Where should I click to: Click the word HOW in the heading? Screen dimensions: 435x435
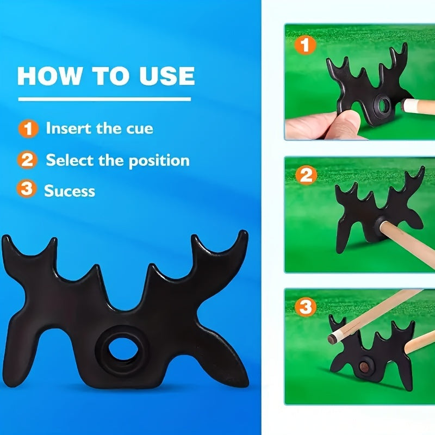coord(49,76)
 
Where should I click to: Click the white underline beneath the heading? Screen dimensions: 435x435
coord(104,99)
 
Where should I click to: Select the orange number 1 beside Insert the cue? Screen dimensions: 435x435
coord(28,128)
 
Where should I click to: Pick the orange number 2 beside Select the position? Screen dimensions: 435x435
coord(27,160)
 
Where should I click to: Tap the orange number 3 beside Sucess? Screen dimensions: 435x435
coord(26,188)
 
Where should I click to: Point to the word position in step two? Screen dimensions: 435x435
coord(159,161)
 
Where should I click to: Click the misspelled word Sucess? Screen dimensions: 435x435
coord(70,191)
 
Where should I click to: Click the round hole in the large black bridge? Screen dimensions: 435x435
coord(123,349)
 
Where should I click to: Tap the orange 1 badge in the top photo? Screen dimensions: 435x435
coord(305,45)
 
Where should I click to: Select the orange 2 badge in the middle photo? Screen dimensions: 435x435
coord(306,175)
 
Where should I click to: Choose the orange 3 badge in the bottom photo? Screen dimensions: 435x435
coord(306,307)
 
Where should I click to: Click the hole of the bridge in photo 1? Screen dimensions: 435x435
coord(383,105)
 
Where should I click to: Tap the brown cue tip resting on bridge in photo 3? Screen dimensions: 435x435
coord(332,339)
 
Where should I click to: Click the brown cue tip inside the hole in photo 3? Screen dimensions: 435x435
coord(364,366)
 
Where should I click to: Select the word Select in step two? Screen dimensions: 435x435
coord(70,160)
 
